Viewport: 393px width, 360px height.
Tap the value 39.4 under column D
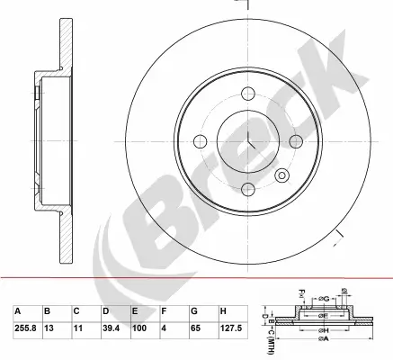(x=110, y=328)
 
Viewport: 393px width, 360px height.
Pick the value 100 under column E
(x=138, y=328)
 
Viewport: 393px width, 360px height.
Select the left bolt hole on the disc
(x=200, y=140)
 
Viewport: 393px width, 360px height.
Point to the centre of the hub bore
(x=246, y=141)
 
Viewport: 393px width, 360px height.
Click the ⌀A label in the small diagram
(x=314, y=349)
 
